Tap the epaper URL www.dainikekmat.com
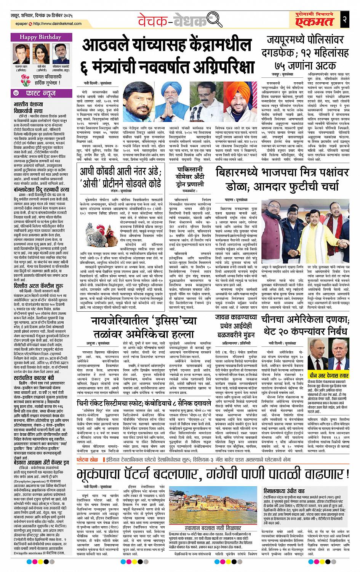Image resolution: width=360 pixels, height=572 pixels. pos(56,24)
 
